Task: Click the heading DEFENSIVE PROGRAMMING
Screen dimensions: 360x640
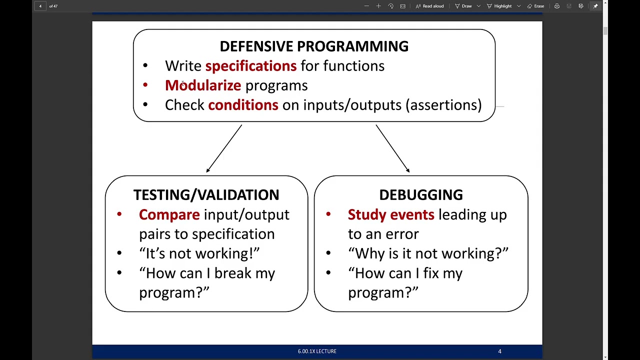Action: click(x=314, y=46)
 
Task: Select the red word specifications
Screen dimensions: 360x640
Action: click(x=250, y=66)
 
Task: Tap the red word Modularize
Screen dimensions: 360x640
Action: click(x=203, y=85)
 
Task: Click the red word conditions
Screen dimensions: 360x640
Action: click(x=243, y=105)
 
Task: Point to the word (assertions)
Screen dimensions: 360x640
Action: click(x=443, y=105)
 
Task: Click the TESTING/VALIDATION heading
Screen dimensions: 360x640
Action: click(x=206, y=195)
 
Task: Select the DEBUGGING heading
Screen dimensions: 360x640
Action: click(x=420, y=195)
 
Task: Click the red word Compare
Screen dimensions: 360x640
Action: click(x=169, y=214)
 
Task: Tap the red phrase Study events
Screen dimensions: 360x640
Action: click(x=391, y=214)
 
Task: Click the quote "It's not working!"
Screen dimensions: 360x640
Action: click(x=199, y=253)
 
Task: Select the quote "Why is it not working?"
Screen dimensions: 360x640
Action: click(x=428, y=253)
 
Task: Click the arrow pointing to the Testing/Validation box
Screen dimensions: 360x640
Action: click(x=224, y=148)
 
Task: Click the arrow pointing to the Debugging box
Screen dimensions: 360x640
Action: click(x=392, y=148)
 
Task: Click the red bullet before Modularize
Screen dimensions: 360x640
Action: click(x=145, y=85)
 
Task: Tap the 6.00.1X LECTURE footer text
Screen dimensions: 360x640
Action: click(x=317, y=351)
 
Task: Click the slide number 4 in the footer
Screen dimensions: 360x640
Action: click(x=499, y=351)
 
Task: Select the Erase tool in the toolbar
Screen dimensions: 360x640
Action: click(x=535, y=6)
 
